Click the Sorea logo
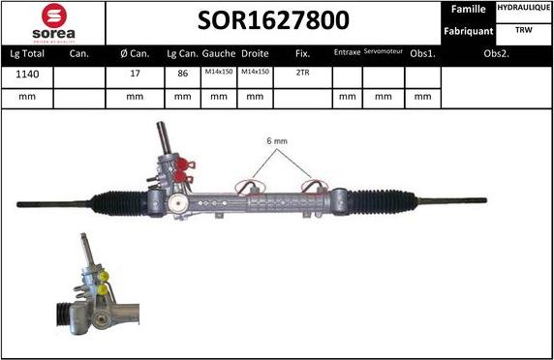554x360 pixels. [52, 23]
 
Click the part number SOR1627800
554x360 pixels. [275, 21]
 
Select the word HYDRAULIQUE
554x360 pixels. [524, 9]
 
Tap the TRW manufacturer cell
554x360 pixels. [524, 30]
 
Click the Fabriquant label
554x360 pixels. [469, 30]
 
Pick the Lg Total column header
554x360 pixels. [27, 54]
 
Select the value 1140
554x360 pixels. [27, 74]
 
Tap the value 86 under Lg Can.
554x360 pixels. [181, 74]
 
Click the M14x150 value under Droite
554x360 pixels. [255, 74]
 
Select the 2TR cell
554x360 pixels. [302, 74]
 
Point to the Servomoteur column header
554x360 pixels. [384, 53]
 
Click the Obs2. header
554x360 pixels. [496, 54]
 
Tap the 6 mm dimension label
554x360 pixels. [277, 141]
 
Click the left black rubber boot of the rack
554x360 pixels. [121, 202]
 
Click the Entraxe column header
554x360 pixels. [347, 53]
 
